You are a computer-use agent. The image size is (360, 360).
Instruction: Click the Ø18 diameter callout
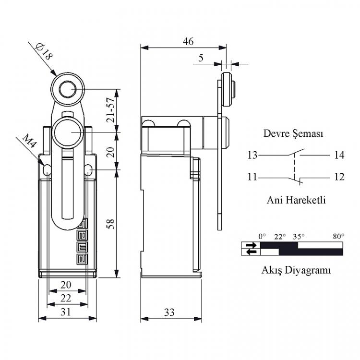44,52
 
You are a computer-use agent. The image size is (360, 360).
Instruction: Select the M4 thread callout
29,141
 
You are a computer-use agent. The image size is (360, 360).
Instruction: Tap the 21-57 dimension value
110,110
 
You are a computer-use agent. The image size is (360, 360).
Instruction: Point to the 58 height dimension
110,224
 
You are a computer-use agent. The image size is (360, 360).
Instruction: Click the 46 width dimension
188,41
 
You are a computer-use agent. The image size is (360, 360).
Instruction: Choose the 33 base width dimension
169,312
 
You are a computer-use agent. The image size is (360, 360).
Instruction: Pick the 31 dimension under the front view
66,312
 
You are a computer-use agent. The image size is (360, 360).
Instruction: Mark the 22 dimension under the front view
66,298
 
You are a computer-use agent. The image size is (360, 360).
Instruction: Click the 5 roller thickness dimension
201,58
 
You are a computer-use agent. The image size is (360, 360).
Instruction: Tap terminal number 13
252,155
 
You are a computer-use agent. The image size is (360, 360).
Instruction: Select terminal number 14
339,155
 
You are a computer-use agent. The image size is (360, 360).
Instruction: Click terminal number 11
252,177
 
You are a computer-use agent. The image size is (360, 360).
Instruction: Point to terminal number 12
339,177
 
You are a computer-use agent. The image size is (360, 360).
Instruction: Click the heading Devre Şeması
293,133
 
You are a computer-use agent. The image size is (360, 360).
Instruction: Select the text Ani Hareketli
296,200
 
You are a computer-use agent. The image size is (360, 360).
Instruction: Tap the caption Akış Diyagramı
296,270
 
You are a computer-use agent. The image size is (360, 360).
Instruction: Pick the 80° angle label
339,237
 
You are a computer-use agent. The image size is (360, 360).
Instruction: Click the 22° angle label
280,237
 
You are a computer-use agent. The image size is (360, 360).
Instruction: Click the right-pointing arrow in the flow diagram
251,245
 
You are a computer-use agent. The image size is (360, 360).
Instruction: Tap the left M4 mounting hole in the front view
47,170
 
